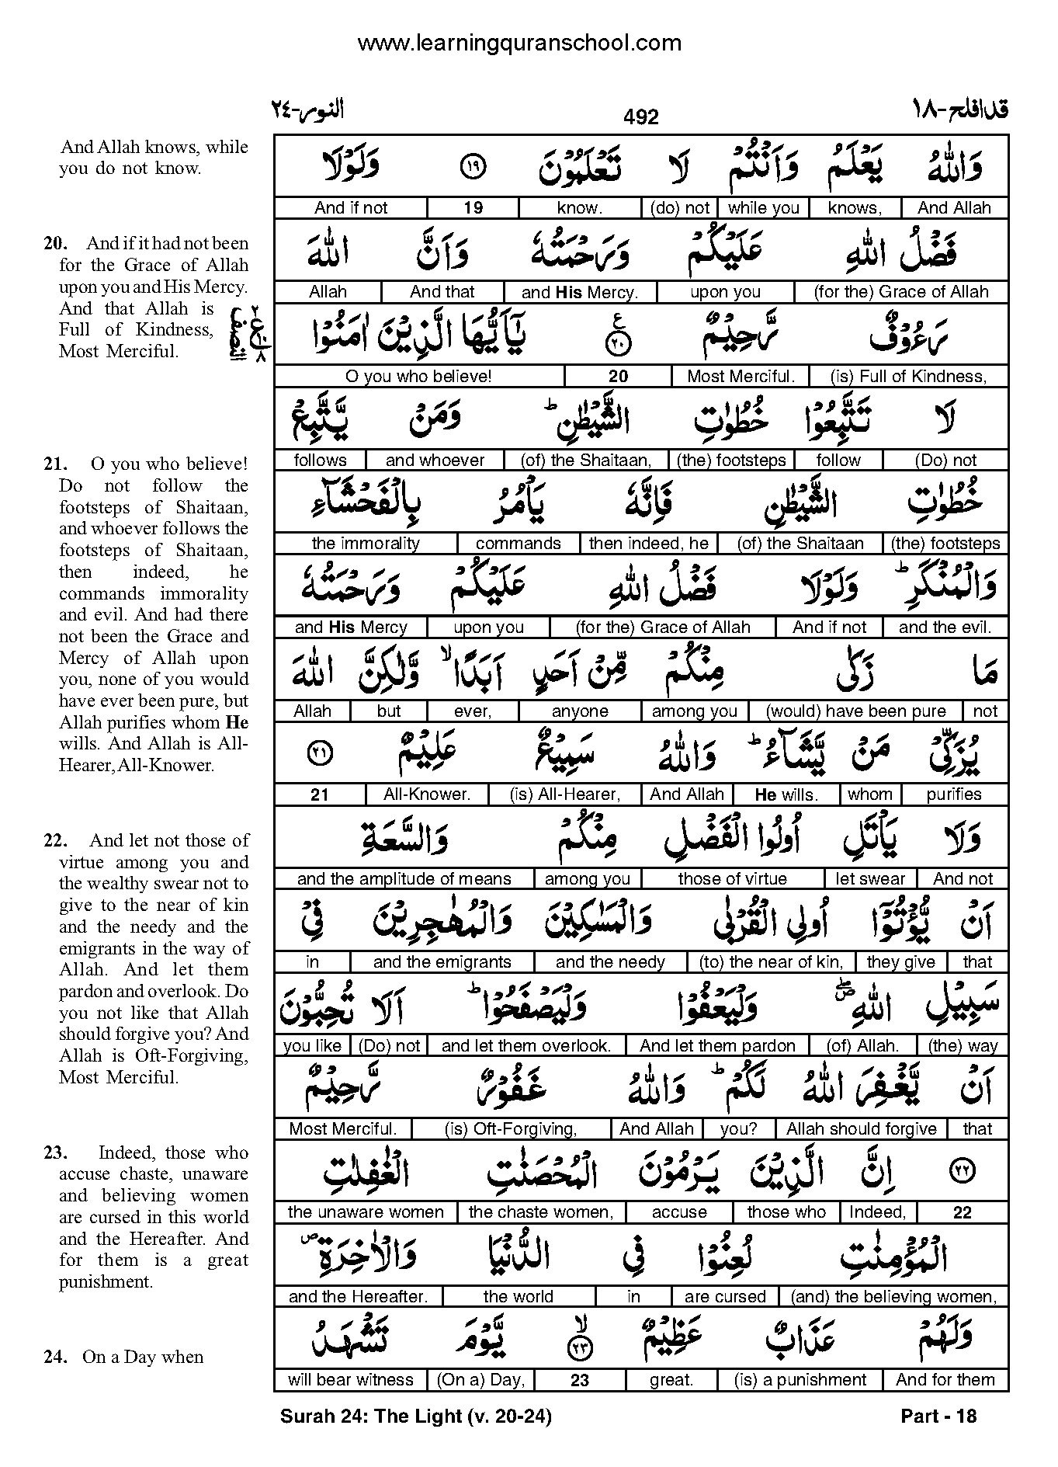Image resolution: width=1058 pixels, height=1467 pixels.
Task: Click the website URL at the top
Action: click(519, 43)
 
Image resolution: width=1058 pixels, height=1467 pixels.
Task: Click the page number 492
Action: click(640, 116)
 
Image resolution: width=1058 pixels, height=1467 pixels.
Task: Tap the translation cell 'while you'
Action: click(764, 207)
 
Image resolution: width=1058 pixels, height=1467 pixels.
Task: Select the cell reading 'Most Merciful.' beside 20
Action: click(741, 377)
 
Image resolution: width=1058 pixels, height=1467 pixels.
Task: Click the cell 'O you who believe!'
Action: click(418, 377)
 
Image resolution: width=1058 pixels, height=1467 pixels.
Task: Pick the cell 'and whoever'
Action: click(435, 460)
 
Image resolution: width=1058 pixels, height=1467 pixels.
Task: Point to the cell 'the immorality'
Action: click(366, 544)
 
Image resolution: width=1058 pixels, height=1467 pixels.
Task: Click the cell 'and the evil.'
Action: click(944, 627)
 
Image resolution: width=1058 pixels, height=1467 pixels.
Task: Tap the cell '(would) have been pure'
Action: click(855, 711)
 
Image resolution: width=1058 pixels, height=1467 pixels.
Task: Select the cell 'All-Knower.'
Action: click(427, 794)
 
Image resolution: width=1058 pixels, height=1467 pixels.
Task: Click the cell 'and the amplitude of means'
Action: click(404, 879)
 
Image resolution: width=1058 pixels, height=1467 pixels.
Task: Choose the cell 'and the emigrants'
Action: click(442, 962)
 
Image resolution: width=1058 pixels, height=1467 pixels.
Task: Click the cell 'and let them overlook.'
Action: click(526, 1046)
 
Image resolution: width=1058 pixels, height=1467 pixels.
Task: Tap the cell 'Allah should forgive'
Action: click(861, 1129)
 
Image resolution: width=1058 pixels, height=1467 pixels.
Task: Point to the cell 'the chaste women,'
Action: click(541, 1212)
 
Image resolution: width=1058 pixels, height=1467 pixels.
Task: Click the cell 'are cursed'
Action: click(725, 1297)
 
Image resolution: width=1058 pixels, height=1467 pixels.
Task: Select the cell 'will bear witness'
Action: click(350, 1380)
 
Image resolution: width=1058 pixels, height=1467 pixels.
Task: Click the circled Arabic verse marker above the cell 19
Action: click(472, 165)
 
